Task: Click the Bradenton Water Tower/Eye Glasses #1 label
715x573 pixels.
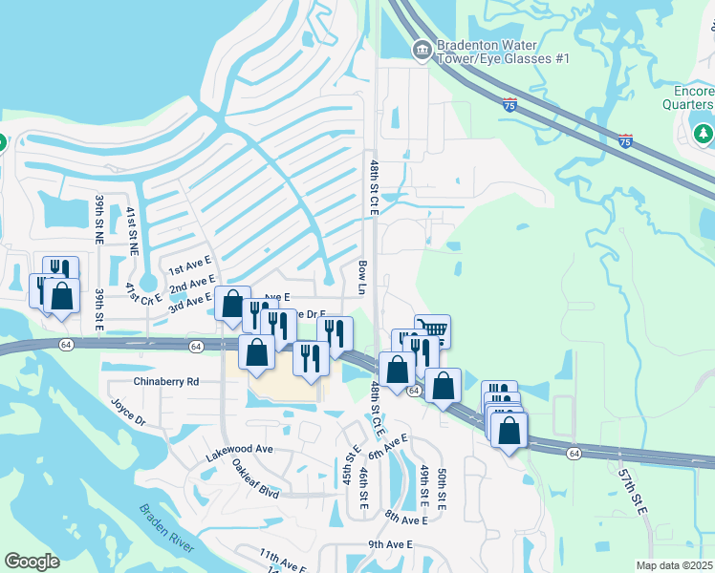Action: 503,51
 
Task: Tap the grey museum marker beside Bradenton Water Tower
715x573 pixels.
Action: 421,50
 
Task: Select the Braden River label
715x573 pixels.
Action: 166,529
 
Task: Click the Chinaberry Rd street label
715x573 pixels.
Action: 153,381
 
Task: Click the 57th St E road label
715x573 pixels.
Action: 633,493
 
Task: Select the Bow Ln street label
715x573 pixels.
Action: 362,277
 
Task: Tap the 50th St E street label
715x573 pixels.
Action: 442,487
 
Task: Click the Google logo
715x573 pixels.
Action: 32,562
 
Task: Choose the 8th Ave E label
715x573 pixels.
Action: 405,517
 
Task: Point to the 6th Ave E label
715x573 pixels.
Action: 387,446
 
